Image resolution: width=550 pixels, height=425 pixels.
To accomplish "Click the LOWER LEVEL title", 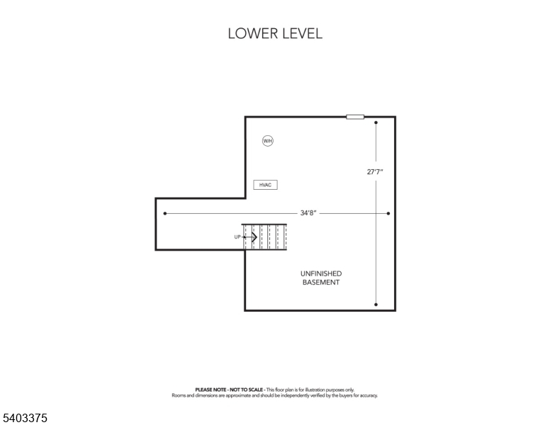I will (275, 33).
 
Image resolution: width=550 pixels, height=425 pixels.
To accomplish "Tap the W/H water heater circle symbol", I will (267, 141).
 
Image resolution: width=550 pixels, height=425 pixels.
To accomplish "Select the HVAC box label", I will (265, 185).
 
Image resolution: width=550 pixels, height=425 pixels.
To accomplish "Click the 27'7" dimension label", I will (376, 171).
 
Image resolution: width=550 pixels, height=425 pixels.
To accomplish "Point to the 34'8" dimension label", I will (308, 212).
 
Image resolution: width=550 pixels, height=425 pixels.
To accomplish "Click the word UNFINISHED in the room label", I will (321, 273).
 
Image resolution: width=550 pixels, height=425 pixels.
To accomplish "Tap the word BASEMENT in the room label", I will (321, 282).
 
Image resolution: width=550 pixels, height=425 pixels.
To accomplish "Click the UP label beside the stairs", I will (237, 237).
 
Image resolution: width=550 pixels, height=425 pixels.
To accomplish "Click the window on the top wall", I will (355, 117).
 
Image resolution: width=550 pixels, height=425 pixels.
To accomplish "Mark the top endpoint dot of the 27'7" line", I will (376, 123).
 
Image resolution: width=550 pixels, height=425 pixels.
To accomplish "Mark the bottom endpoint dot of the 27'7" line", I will (376, 305).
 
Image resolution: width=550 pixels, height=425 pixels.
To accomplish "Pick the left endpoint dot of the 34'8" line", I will (165, 213).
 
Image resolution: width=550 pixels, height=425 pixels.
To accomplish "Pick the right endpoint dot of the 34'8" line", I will (388, 213).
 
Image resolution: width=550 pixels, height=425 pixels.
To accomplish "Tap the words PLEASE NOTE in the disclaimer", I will (209, 390).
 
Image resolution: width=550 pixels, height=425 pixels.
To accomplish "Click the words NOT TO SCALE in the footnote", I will (245, 390).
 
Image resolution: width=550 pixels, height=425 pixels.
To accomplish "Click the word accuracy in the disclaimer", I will (368, 395).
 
